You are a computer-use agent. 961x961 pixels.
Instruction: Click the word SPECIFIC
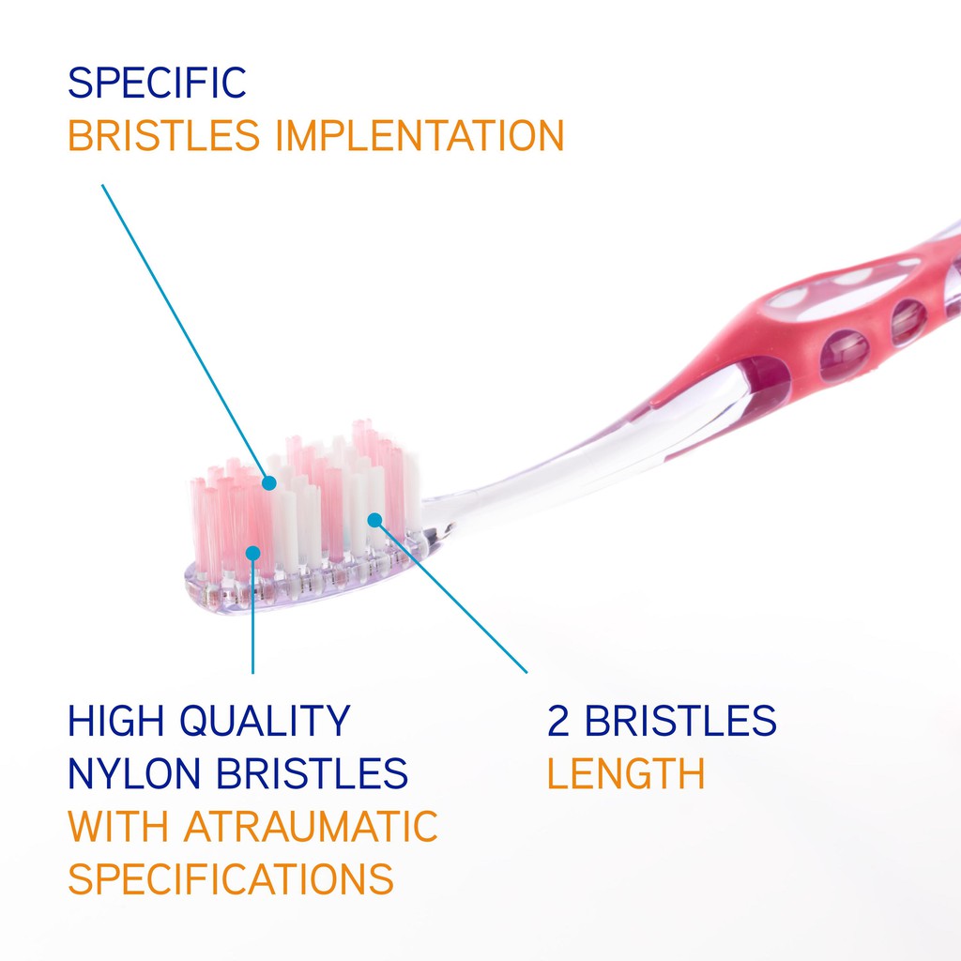(x=157, y=83)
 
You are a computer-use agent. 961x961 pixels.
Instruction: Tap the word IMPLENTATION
(x=419, y=135)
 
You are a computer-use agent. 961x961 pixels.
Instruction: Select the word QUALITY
(x=265, y=722)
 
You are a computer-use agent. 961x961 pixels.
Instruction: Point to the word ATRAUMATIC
(x=311, y=827)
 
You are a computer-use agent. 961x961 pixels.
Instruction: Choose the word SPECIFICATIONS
(x=231, y=879)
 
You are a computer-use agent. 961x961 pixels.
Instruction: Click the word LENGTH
(x=626, y=773)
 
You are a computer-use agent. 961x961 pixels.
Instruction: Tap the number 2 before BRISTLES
(x=557, y=721)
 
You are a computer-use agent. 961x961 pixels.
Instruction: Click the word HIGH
(x=115, y=721)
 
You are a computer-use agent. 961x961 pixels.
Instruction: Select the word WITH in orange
(x=117, y=827)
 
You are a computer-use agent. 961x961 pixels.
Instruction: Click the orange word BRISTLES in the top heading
(x=163, y=135)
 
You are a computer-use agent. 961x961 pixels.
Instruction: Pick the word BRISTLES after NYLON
(x=312, y=773)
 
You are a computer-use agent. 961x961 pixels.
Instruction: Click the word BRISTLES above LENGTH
(x=680, y=721)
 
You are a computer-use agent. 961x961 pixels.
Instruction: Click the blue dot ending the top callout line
(x=269, y=483)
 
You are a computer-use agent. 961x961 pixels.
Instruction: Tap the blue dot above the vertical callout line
(x=253, y=554)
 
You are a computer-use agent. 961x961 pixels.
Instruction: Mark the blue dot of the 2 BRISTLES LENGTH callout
(x=375, y=520)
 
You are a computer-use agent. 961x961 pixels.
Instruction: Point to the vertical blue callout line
(x=253, y=614)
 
